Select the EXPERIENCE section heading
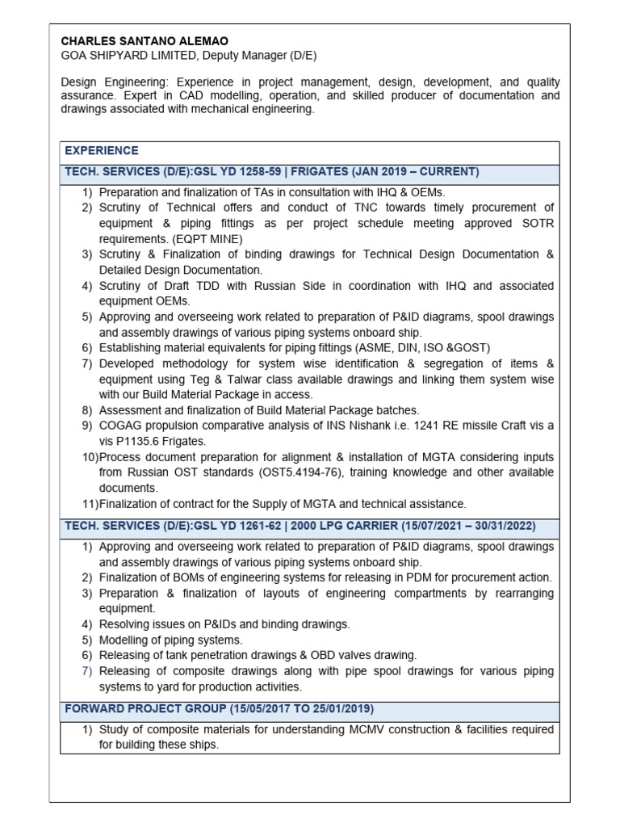tap(102, 150)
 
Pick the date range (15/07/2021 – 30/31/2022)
tap(468, 526)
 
